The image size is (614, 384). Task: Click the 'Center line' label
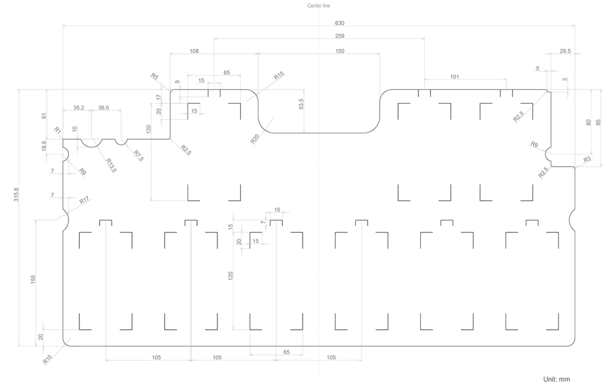[x=319, y=5]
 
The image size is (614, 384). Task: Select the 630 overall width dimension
[x=340, y=23]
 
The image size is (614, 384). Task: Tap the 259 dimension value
[x=340, y=36]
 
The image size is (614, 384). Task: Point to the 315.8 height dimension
[x=16, y=195]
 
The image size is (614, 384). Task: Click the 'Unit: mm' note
[x=556, y=379]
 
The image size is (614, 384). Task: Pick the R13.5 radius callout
[x=111, y=165]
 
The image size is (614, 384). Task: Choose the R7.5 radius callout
[x=139, y=156]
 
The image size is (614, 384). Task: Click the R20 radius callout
[x=255, y=139]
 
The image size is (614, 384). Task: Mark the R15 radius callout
[x=279, y=76]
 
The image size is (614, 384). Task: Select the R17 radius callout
[x=84, y=200]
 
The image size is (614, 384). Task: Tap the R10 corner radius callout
[x=47, y=359]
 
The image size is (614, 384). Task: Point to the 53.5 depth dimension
[x=301, y=104]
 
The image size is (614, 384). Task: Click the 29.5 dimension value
[x=565, y=51]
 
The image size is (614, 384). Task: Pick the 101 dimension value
[x=455, y=77]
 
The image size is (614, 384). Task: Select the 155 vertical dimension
[x=33, y=279]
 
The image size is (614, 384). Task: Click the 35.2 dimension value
[x=79, y=108]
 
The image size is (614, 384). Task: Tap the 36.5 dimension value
[x=104, y=108]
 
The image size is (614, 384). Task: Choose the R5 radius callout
[x=155, y=76]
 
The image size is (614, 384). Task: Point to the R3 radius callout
[x=587, y=159]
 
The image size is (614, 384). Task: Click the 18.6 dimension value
[x=44, y=146]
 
